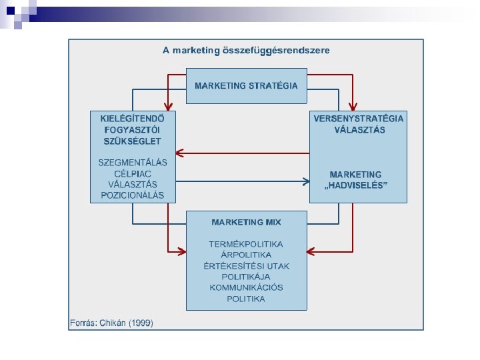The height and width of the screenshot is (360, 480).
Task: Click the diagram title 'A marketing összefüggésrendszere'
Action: pos(246,51)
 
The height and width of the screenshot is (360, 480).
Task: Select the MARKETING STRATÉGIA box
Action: pos(246,85)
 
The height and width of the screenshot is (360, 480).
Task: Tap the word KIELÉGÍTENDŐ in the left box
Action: pos(133,118)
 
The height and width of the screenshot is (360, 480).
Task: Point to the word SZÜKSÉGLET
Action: pos(132,141)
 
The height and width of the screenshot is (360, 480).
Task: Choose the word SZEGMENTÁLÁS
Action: pos(132,162)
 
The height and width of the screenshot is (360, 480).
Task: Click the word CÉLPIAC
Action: pos(132,173)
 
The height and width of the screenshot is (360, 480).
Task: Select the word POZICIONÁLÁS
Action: pos(132,195)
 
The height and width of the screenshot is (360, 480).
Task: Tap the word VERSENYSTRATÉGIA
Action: pos(359,118)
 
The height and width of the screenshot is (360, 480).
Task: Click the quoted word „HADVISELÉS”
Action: pos(355,185)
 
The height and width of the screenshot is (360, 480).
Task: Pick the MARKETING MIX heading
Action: pos(246,222)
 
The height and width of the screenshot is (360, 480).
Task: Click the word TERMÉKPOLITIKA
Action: pos(246,244)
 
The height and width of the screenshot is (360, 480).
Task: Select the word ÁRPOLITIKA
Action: pos(246,255)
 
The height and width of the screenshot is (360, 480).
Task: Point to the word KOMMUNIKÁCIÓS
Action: pos(246,287)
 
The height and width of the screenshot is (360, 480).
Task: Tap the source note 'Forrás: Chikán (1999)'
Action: pos(111,323)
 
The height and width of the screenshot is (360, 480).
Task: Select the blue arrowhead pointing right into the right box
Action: pos(305,181)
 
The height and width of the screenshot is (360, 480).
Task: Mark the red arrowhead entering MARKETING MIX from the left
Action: pos(181,251)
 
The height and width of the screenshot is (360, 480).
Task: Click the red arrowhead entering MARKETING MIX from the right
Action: pos(311,251)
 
